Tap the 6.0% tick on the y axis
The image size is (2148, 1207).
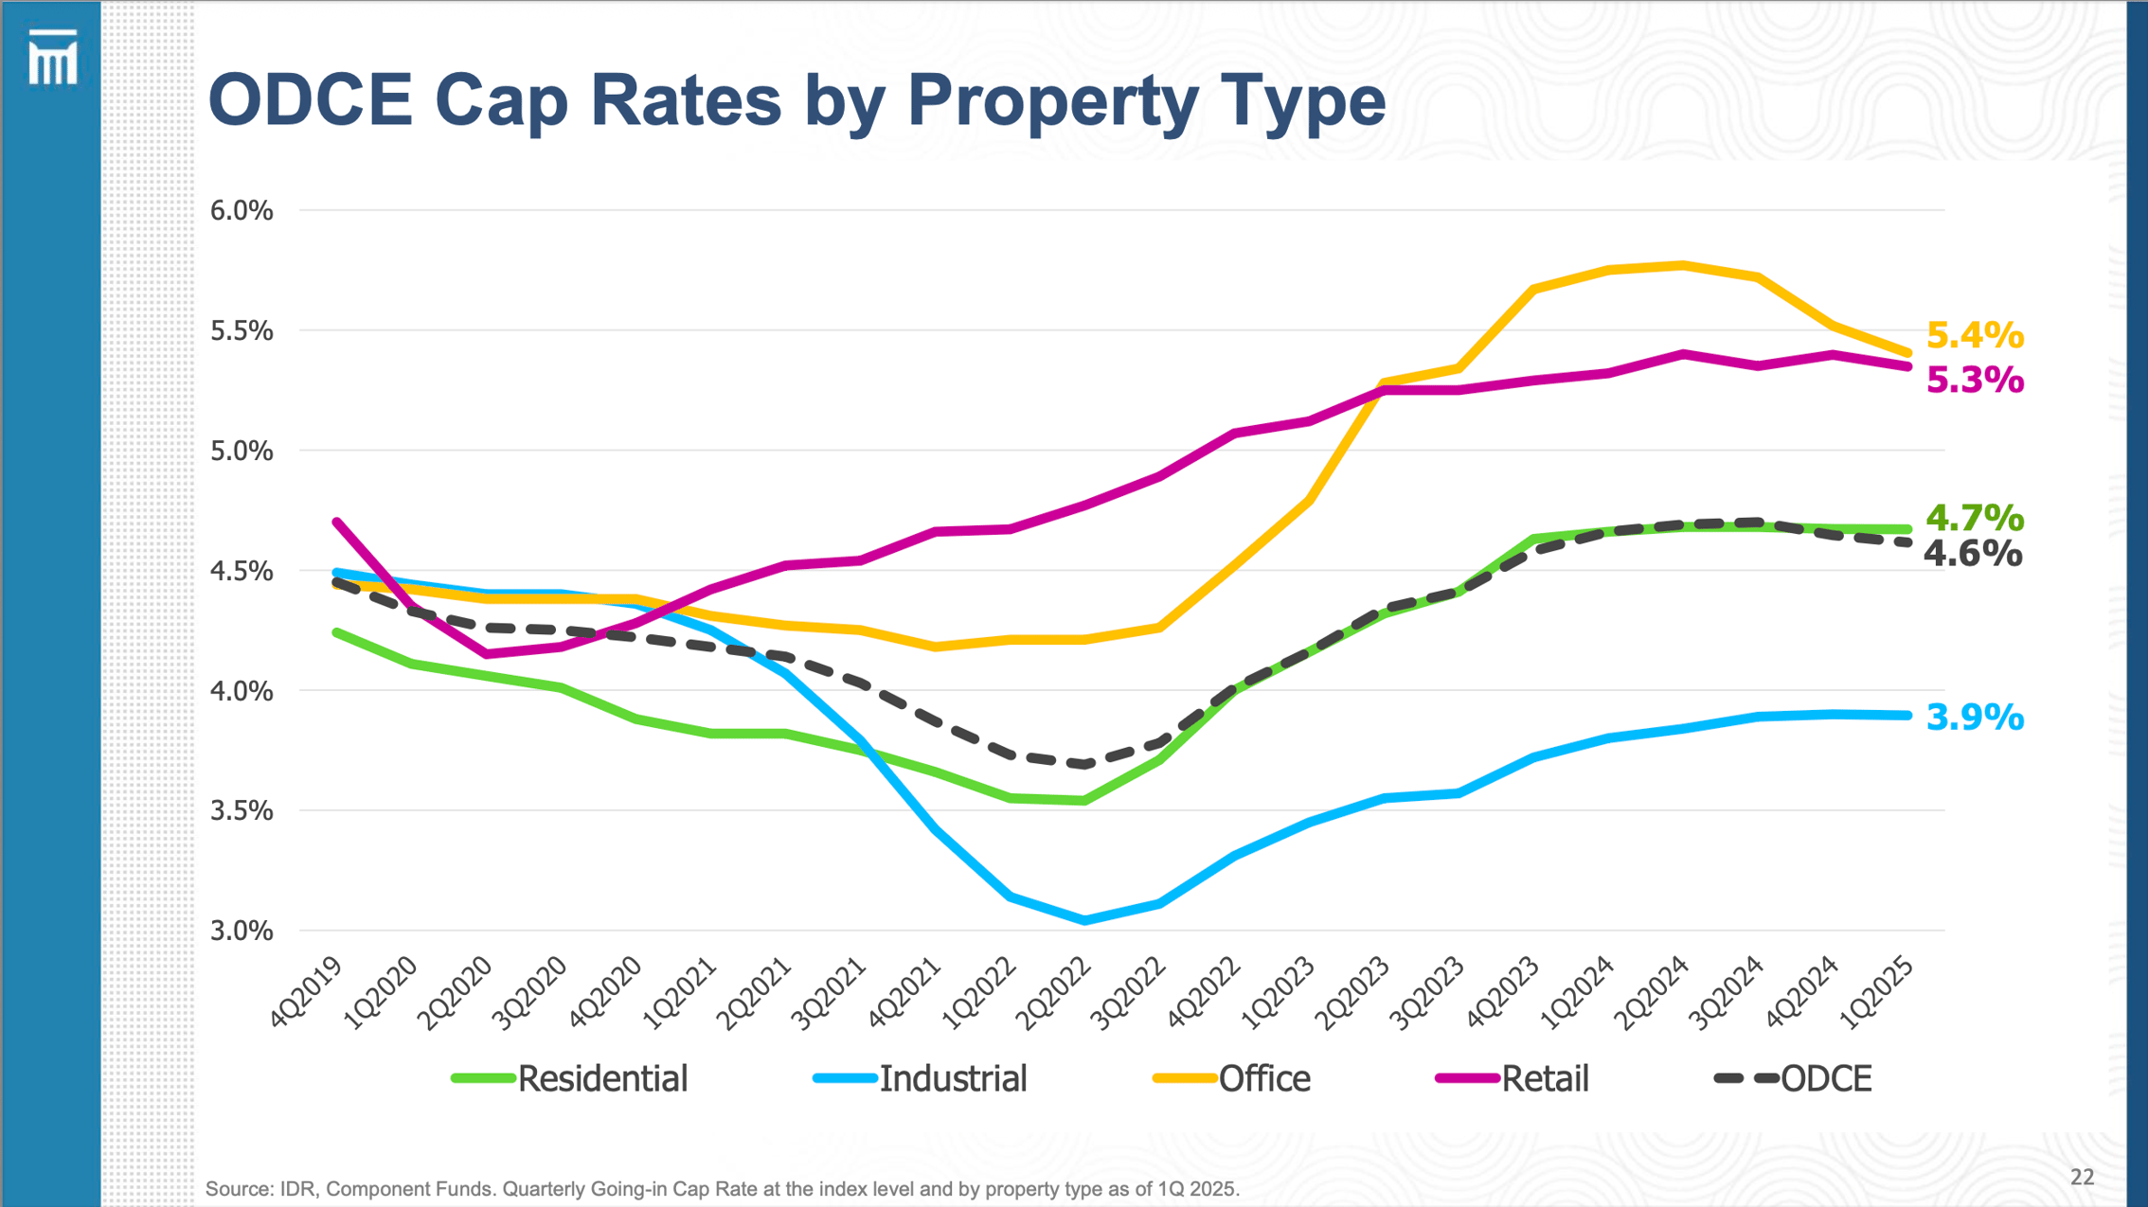pos(241,210)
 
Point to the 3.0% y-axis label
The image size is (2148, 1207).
pos(241,931)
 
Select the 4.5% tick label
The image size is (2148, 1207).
pos(241,571)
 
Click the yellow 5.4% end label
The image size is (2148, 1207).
pos(1975,335)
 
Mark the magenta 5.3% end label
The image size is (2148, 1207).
pos(1975,381)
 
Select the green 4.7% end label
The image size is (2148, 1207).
pos(1975,518)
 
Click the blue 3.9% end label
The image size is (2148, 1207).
pos(1975,718)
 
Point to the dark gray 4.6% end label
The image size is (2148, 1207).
pos(1973,554)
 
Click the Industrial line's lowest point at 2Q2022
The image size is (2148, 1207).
pos(1084,920)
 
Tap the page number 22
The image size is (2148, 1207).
pos(2083,1177)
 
